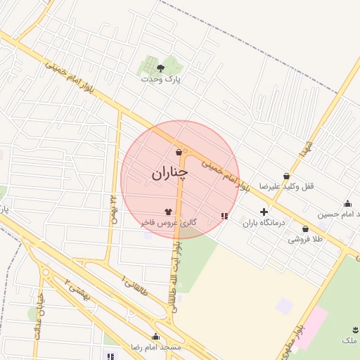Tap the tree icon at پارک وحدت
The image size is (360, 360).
[x=161, y=68]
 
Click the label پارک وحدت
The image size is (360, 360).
[x=161, y=79]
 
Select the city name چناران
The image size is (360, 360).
[x=170, y=172]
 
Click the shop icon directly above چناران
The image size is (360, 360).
[x=179, y=152]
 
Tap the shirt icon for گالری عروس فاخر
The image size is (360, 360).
[x=168, y=210]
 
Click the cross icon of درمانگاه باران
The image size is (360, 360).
[x=264, y=212]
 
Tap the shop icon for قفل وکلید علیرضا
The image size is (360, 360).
[x=286, y=176]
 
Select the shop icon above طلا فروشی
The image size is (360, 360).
[x=305, y=229]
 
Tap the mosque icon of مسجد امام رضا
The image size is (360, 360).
[x=155, y=336]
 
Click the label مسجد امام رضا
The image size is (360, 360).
[x=155, y=347]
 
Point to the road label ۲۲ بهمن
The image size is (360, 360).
[x=112, y=206]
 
